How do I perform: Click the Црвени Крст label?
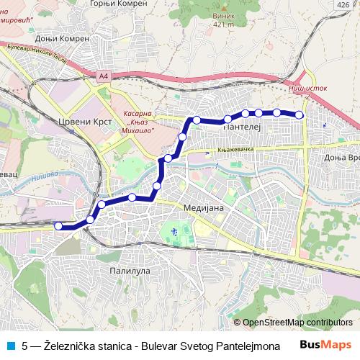point(86,122)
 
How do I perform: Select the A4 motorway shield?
point(104,75)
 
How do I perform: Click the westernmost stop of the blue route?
point(59,226)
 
